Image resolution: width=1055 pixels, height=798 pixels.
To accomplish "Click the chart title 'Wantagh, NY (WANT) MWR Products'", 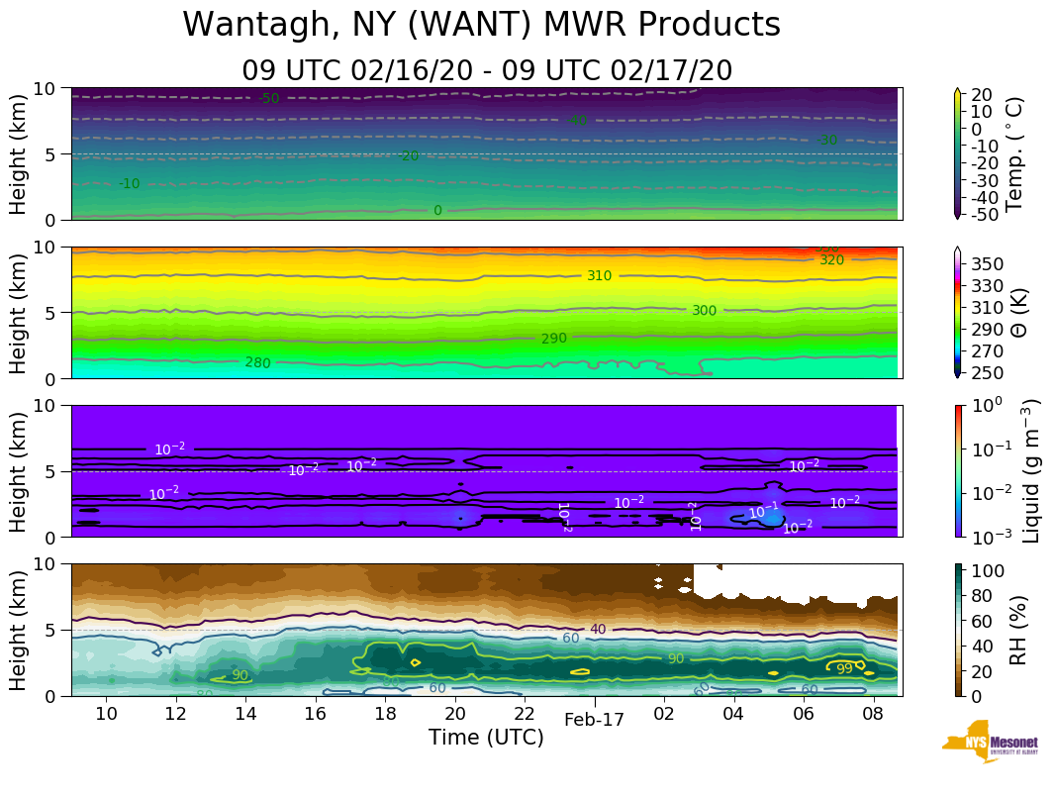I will click(481, 26).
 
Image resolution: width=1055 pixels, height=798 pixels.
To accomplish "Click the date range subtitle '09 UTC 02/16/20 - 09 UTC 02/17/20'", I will click(486, 70).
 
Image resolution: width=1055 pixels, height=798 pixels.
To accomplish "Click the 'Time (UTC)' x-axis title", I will click(486, 738).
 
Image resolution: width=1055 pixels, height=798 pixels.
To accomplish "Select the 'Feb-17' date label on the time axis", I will click(594, 720).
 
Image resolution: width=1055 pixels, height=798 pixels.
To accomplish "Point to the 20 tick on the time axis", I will click(454, 714).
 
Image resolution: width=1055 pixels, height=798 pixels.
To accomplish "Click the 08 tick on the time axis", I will click(872, 714).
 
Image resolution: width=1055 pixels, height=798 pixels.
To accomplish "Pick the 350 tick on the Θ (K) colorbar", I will click(991, 264).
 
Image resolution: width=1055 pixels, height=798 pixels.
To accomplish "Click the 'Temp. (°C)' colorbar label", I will click(1013, 153).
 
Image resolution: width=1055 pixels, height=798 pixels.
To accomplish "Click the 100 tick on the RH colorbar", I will click(992, 571).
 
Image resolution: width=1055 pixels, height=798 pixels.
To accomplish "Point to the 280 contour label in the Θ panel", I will click(257, 362).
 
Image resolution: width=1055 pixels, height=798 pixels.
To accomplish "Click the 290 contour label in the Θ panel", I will click(554, 339).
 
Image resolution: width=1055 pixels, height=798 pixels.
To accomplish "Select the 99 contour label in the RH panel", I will click(844, 668).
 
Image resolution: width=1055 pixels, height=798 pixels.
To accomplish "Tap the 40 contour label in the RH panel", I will click(598, 630).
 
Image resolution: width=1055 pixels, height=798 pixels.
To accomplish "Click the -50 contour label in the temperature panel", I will click(268, 98).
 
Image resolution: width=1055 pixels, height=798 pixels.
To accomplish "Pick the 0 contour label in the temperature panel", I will click(437, 211).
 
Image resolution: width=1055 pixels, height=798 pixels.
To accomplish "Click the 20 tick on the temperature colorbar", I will click(984, 94).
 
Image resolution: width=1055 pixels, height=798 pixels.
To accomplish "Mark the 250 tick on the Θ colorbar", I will click(991, 372).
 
